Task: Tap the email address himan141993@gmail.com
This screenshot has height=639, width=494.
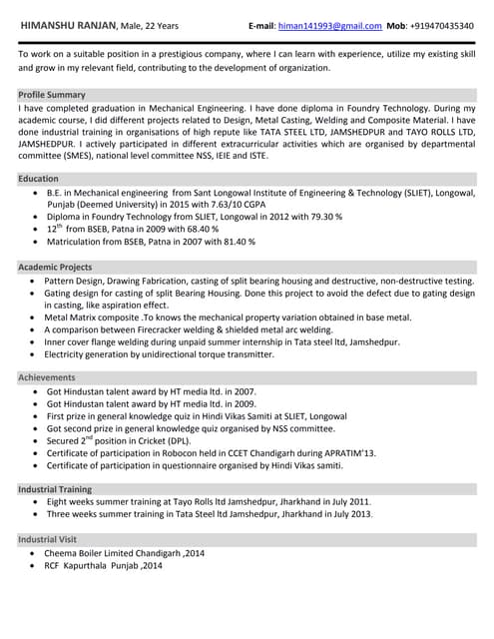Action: point(329,25)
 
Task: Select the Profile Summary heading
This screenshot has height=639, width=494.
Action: point(52,94)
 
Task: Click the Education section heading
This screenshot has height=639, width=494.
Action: point(38,179)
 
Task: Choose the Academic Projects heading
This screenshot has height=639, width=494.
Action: point(55,268)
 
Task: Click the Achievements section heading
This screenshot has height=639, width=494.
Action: point(47,377)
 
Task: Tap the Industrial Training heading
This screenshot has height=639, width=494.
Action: point(56,488)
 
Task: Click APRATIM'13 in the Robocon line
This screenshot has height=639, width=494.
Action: point(350,453)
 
